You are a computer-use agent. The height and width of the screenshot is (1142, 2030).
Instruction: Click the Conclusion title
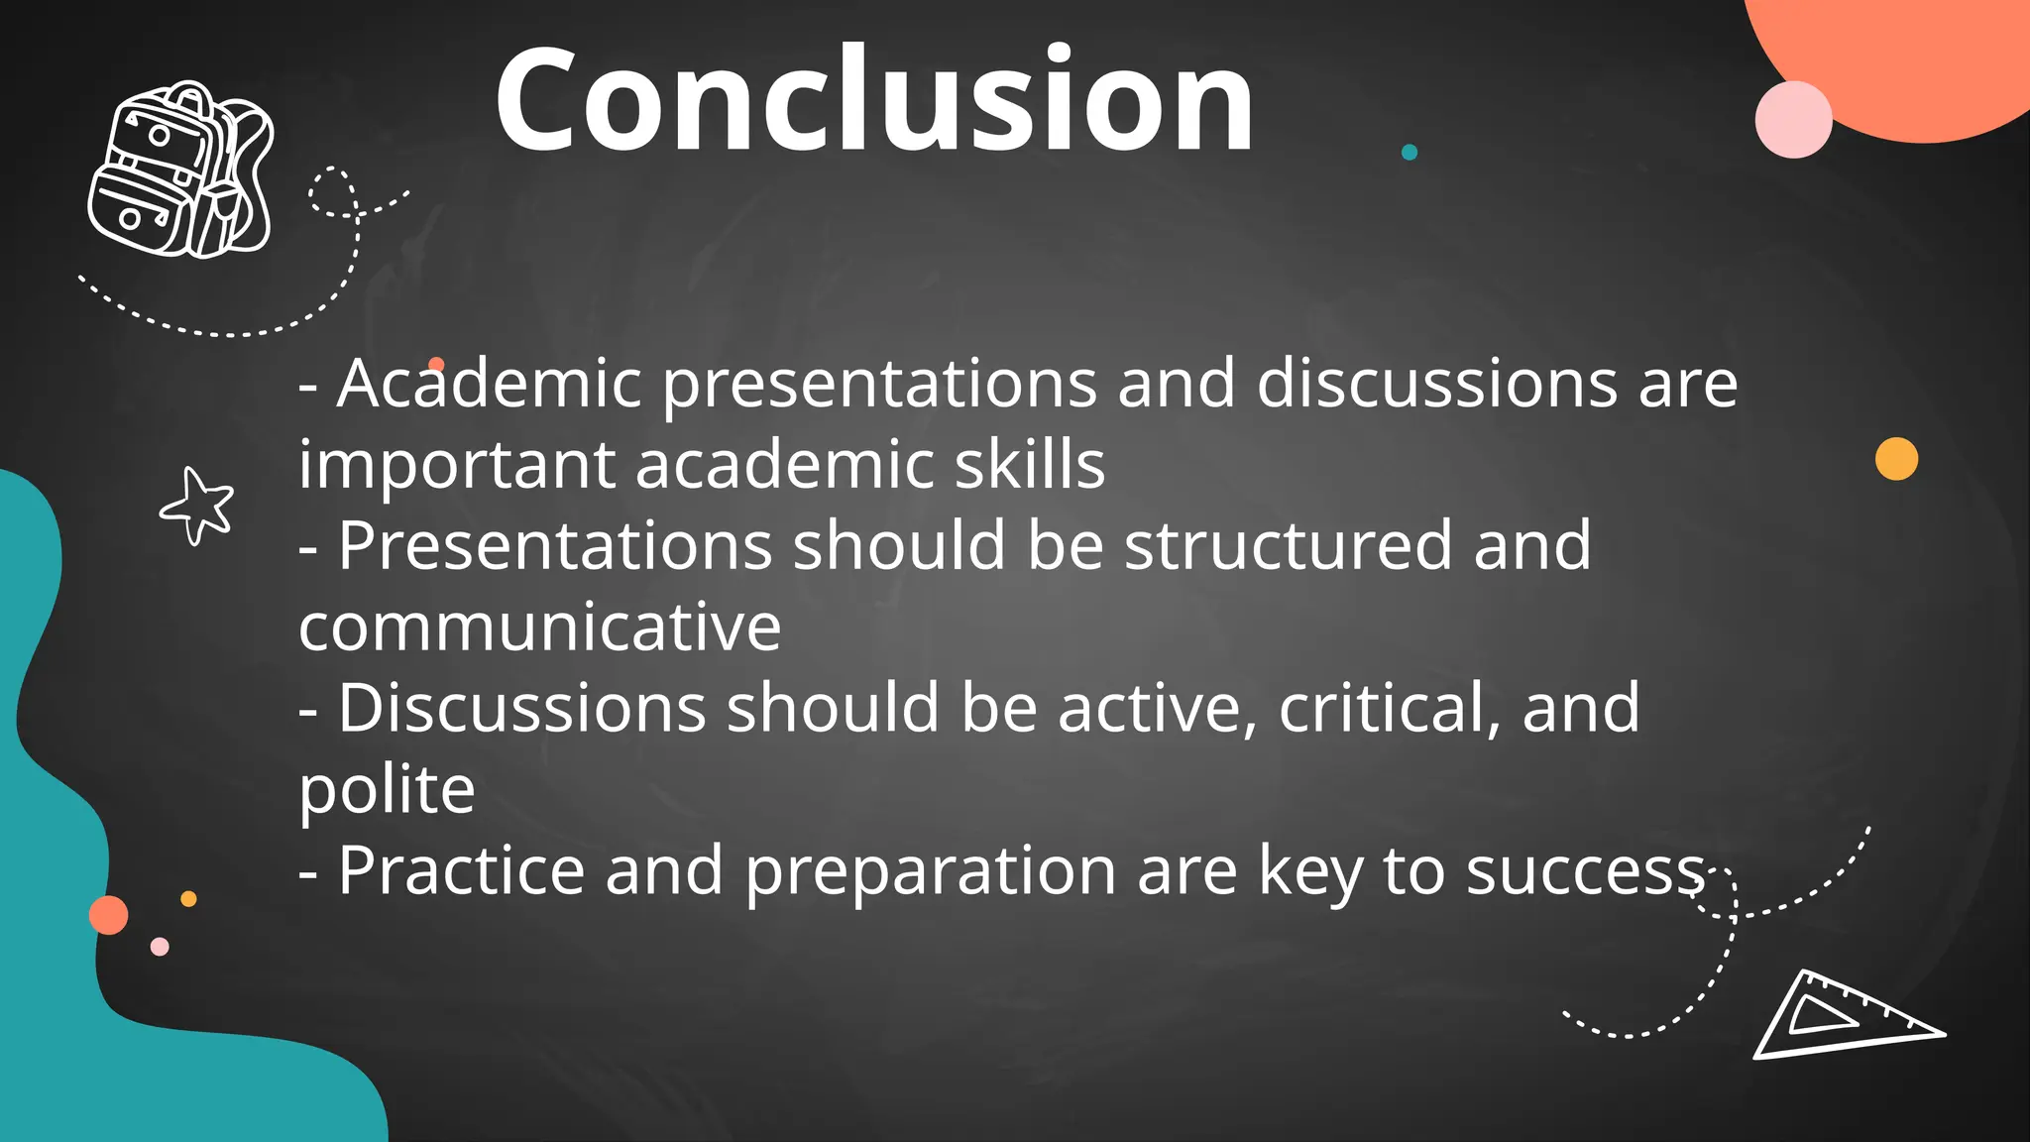(x=874, y=101)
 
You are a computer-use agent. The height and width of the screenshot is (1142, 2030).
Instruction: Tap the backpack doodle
(x=179, y=171)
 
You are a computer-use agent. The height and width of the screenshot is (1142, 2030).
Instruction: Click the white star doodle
(x=198, y=506)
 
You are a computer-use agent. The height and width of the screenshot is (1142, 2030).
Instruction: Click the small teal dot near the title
(x=1410, y=152)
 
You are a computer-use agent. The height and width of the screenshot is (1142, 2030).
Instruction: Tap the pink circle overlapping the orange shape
(x=1793, y=120)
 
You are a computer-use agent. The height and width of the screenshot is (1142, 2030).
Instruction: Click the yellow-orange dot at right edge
(x=1896, y=459)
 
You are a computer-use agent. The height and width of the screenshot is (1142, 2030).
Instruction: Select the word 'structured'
(x=1288, y=546)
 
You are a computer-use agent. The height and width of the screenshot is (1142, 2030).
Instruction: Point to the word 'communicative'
(x=539, y=628)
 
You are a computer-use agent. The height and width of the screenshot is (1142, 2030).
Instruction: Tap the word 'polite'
(x=387, y=791)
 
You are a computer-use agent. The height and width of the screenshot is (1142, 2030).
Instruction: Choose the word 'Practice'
(x=461, y=871)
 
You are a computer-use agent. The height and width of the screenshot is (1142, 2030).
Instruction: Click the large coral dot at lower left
(x=109, y=915)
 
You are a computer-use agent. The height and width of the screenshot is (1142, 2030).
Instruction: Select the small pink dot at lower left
(x=160, y=947)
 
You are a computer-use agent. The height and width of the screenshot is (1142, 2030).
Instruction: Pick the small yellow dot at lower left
(x=188, y=899)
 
